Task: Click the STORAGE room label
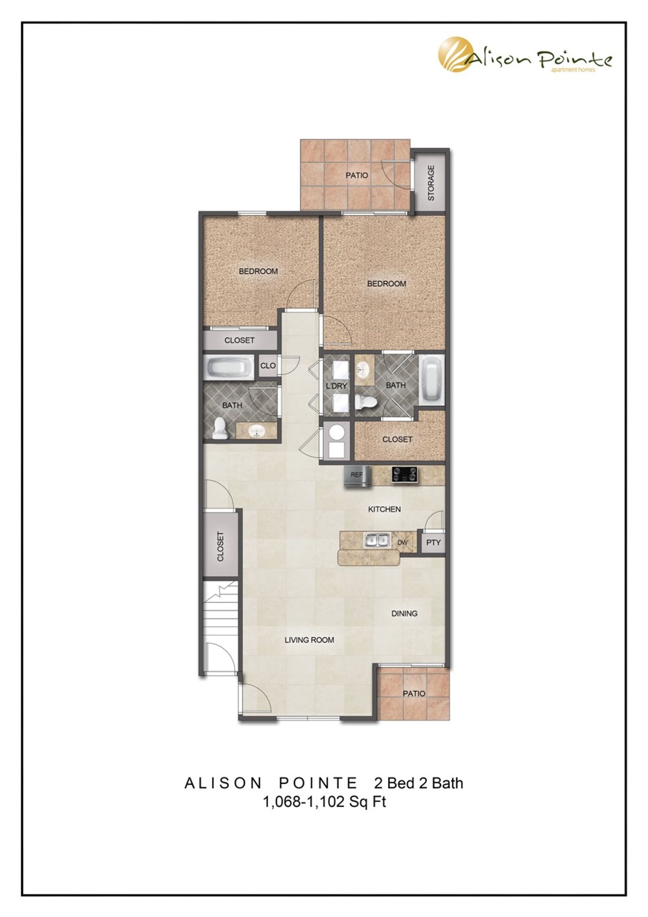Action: point(431,183)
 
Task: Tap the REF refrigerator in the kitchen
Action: point(357,476)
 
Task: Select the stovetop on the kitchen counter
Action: point(404,475)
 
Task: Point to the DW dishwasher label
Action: point(402,543)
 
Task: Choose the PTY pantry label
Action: point(433,543)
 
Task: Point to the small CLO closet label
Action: point(268,365)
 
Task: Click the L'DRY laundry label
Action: point(336,385)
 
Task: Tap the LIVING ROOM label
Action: point(309,640)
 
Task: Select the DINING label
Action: point(404,613)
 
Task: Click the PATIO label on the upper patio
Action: point(357,175)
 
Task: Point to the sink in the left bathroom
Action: point(257,432)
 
